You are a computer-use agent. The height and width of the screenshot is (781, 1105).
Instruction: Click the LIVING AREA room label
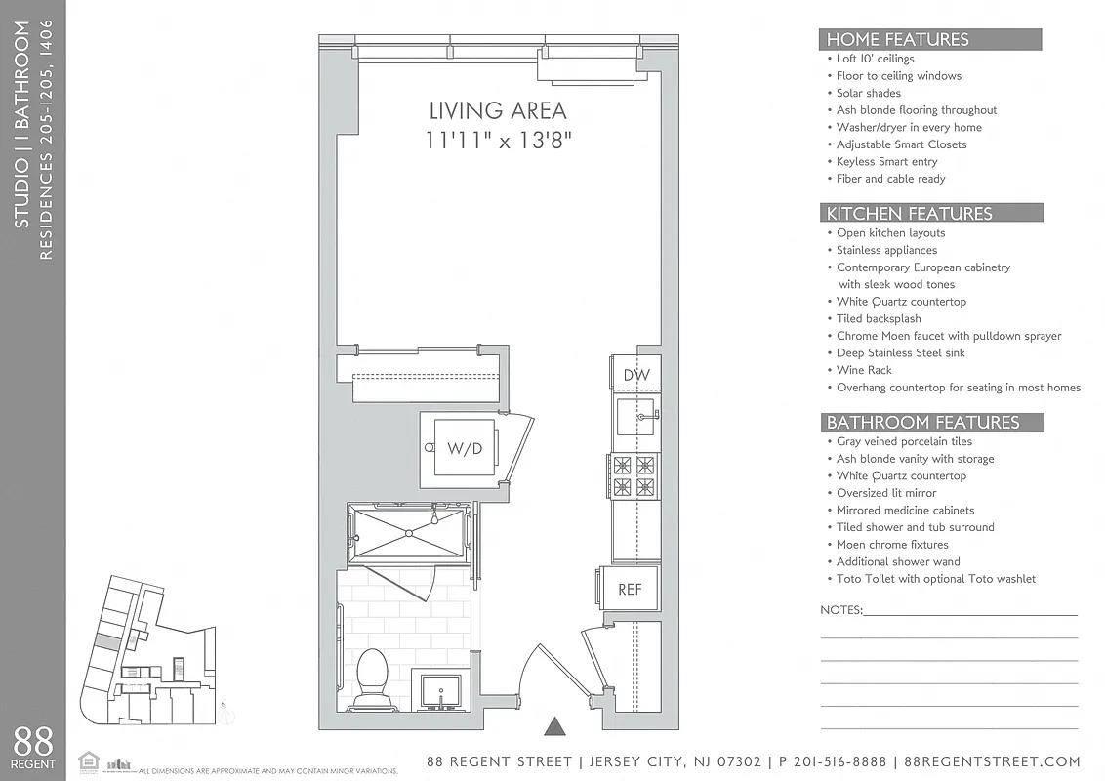click(498, 110)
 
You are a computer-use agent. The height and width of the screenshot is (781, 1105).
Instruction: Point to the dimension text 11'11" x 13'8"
click(498, 141)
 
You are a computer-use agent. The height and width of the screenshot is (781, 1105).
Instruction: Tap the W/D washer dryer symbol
click(464, 448)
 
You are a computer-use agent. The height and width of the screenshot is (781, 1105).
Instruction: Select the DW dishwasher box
click(634, 375)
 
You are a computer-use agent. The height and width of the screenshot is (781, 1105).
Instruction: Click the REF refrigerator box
click(630, 590)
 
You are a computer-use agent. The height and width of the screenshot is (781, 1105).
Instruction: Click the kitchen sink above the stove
click(635, 415)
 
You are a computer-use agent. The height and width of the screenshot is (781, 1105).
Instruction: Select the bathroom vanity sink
click(443, 689)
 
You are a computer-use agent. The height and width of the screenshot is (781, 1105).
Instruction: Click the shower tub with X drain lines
click(408, 532)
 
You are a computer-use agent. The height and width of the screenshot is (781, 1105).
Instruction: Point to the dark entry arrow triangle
click(554, 725)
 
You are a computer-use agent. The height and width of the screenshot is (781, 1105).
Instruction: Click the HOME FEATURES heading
click(897, 40)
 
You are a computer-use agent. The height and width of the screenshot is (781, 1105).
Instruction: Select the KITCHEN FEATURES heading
click(909, 213)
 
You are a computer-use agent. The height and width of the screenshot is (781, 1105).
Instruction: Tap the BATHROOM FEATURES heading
click(922, 423)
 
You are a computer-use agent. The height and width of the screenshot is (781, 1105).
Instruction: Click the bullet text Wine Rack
click(864, 370)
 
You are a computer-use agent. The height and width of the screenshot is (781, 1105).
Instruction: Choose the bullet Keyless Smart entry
click(886, 161)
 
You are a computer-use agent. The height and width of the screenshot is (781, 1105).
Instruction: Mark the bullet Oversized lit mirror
click(885, 493)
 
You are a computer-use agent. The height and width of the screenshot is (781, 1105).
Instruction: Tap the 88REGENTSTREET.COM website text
click(992, 761)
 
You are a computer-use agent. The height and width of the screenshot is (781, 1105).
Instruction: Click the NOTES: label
click(840, 610)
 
